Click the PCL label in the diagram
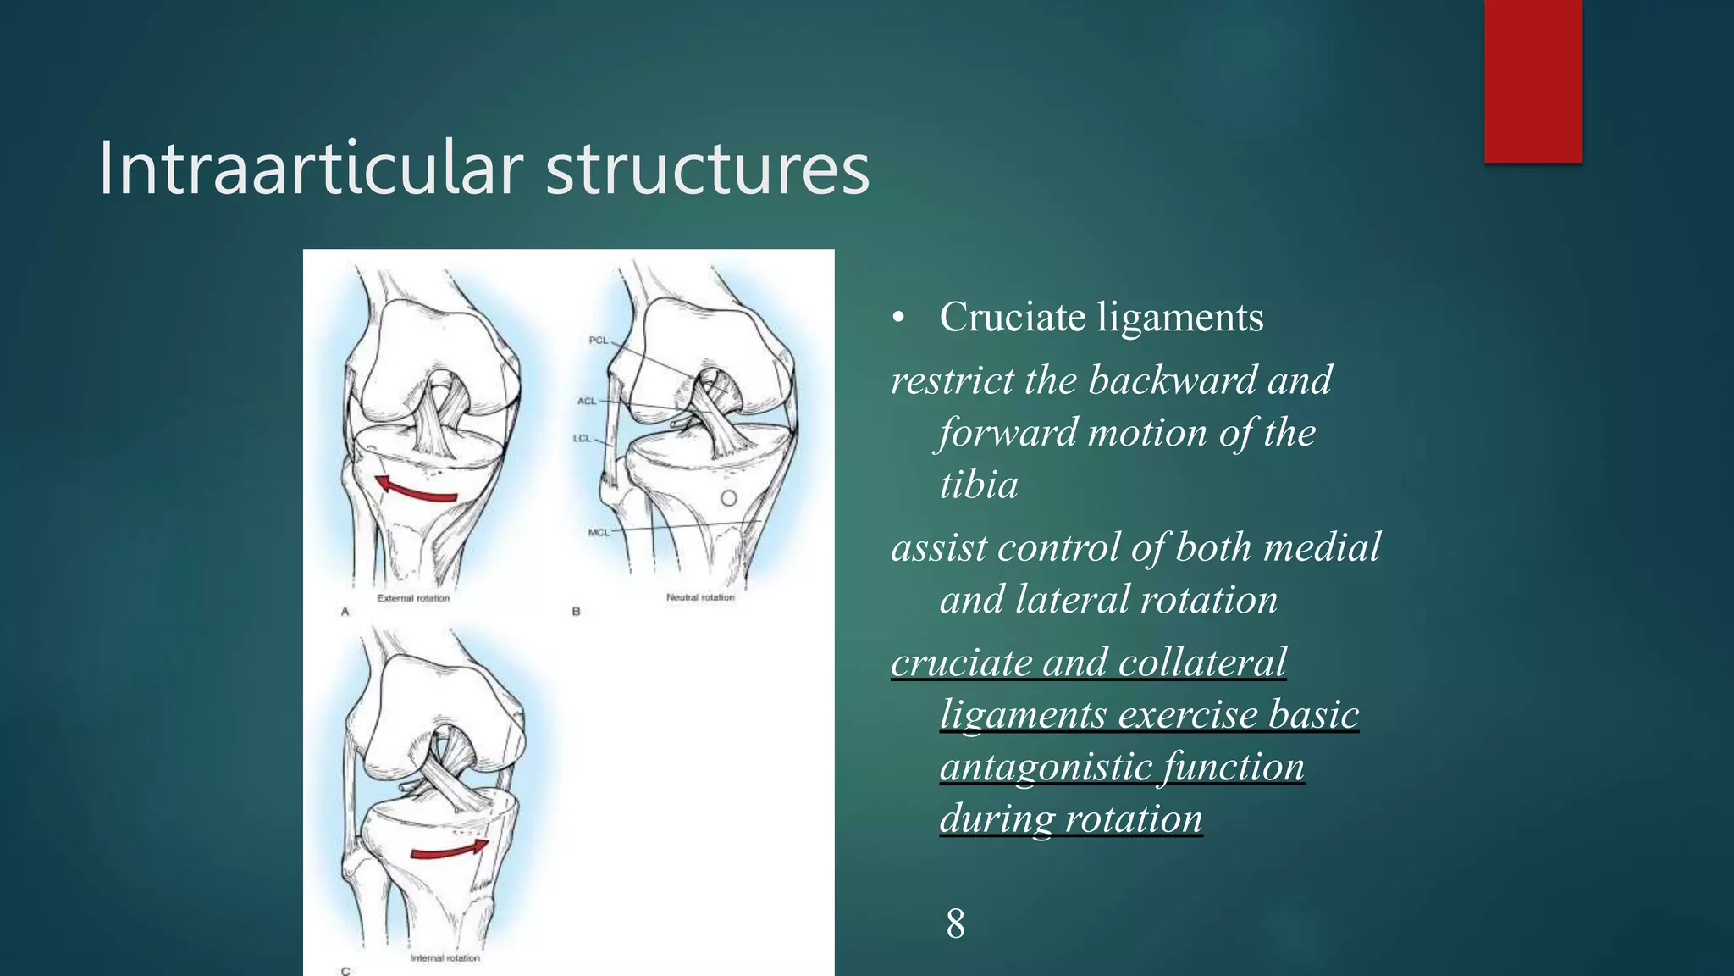pos(598,341)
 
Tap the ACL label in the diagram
pos(587,401)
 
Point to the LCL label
pos(582,438)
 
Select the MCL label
pos(599,532)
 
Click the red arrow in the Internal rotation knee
pos(450,849)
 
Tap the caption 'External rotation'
pos(413,598)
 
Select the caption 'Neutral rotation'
pos(700,597)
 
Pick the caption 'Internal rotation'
pos(445,958)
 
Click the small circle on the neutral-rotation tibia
pos(729,499)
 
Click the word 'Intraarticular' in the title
pos(310,169)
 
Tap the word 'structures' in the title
pos(707,169)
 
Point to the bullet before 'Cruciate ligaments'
pos(898,319)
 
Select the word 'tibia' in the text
pos(979,485)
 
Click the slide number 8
pos(955,923)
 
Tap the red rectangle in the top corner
pos(1532,80)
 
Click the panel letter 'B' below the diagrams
pos(576,611)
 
